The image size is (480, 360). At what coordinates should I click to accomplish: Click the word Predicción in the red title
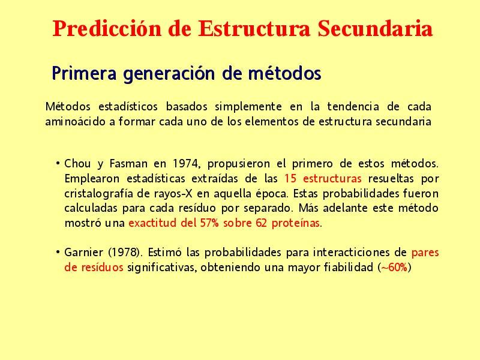tap(107, 28)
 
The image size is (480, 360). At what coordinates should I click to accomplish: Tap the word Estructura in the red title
tap(254, 28)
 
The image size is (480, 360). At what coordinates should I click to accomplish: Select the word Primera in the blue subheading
tap(84, 73)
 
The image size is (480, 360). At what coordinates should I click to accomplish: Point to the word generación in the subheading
tap(169, 74)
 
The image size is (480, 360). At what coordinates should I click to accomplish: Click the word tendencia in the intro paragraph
tap(353, 107)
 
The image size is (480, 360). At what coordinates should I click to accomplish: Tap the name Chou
tap(77, 163)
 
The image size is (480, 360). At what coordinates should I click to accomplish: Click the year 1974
tap(186, 164)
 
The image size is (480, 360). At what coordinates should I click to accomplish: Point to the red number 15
tap(290, 178)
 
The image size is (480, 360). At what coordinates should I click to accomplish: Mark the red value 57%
tap(209, 223)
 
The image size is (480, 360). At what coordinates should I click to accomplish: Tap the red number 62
tap(261, 223)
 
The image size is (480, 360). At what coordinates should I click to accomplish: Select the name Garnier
tap(83, 252)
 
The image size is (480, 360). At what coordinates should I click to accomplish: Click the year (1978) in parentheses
tap(125, 253)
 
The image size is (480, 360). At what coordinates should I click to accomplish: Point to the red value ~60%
tap(394, 267)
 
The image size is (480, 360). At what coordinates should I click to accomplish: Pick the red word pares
tap(425, 253)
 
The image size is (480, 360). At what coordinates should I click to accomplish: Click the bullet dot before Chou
tap(58, 163)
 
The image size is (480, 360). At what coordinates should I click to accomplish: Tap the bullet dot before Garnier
tap(58, 252)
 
